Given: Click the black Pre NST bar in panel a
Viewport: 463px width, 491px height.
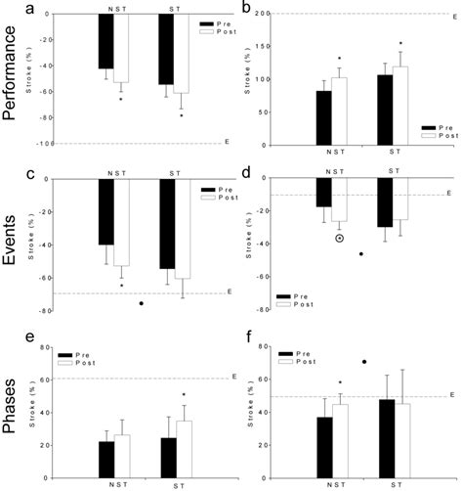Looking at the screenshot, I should click(106, 41).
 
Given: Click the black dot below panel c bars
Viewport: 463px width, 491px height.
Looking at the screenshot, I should click(142, 303).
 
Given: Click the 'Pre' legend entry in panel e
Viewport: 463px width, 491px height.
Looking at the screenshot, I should click(84, 355).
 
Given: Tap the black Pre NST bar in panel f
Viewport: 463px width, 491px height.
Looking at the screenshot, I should click(324, 446).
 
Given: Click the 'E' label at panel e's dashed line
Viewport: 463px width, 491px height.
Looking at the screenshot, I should click(231, 378).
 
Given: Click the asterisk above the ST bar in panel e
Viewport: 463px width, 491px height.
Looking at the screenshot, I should click(183, 395).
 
